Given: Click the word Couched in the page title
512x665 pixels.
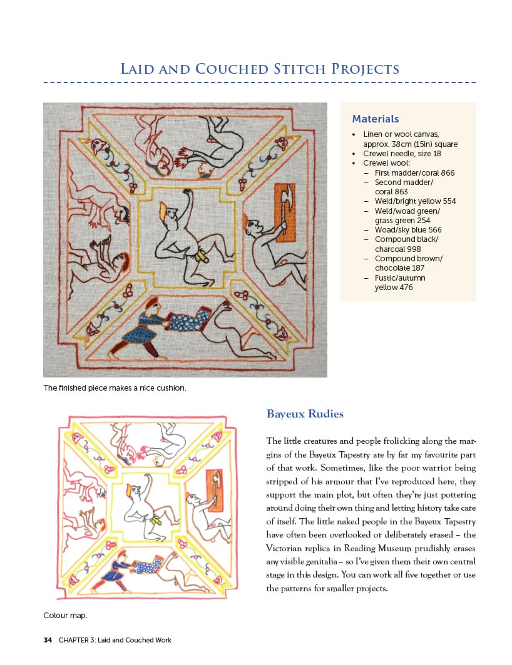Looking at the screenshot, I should pos(232,69).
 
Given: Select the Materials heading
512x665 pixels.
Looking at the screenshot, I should pos(375,119).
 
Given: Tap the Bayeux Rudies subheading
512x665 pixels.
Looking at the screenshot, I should pos(305,414).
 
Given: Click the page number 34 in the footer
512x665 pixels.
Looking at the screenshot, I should pos(48,640).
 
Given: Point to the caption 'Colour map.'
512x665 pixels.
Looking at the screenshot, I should pos(65,616).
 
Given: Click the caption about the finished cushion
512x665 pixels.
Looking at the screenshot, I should pos(115,388).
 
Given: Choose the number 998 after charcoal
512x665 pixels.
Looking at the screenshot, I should pos(413,249).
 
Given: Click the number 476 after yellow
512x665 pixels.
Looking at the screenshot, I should pos(404,287).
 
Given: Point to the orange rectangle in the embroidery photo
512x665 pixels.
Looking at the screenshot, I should pos(285,212).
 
